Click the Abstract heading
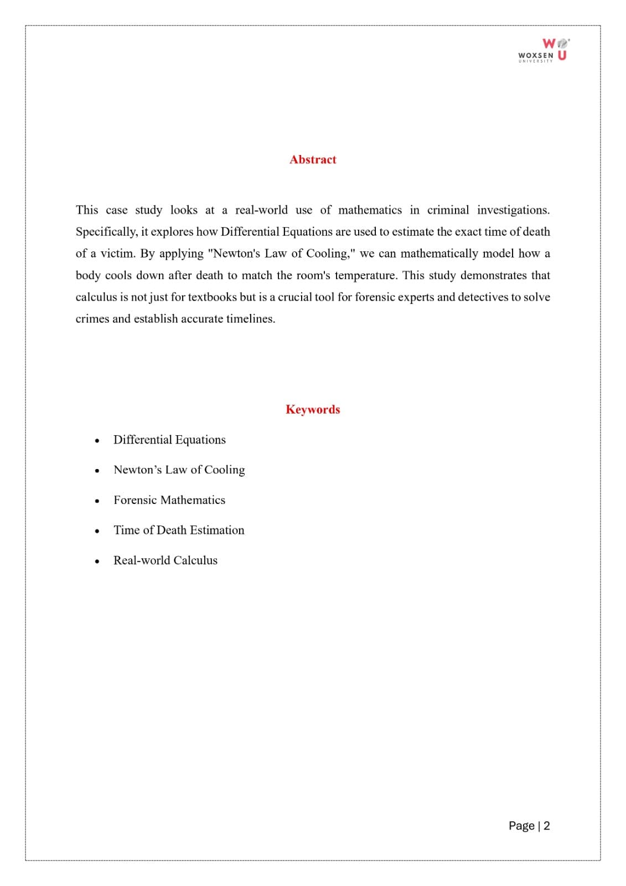pos(313,159)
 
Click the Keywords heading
pos(313,409)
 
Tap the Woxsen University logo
pos(543,50)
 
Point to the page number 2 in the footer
pos(547,826)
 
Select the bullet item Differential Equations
pos(169,440)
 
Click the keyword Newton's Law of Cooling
pos(179,470)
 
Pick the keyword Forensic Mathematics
pos(169,500)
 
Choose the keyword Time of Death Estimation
pos(179,530)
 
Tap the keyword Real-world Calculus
pos(165,560)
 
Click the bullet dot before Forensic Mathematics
pos(97,501)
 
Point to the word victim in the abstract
pos(117,254)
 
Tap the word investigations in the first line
pos(513,210)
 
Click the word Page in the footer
pos(521,826)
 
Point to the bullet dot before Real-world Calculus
pos(97,562)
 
